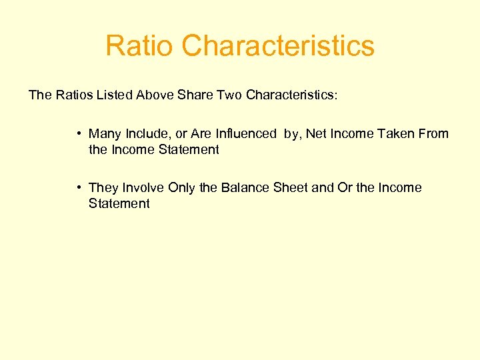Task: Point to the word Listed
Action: click(x=115, y=95)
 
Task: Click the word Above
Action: click(x=155, y=95)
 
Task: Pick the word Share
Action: click(x=194, y=95)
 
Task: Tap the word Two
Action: click(x=227, y=95)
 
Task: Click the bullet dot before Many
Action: click(x=79, y=134)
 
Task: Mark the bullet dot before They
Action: click(x=79, y=188)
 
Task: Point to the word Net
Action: click(x=316, y=134)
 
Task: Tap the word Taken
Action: click(x=394, y=134)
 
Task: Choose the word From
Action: click(x=433, y=134)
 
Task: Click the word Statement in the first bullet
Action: click(x=187, y=150)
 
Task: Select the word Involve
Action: click(x=143, y=188)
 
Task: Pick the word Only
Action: click(x=181, y=188)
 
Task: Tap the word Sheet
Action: click(x=289, y=188)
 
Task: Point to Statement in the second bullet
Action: click(x=119, y=204)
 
